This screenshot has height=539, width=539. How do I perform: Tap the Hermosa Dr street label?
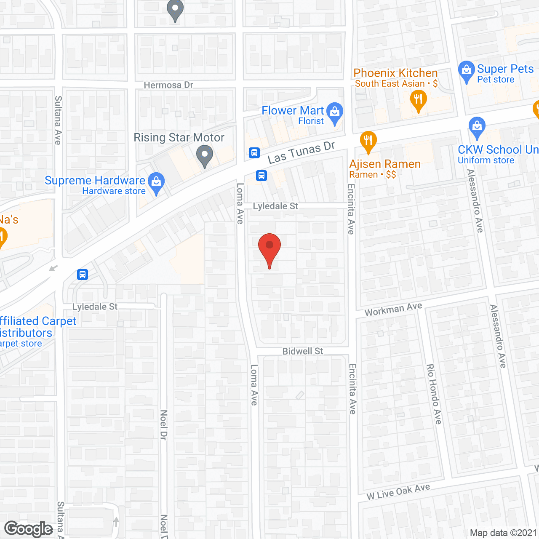click(x=168, y=85)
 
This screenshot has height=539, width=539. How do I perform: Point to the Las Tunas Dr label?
click(x=301, y=152)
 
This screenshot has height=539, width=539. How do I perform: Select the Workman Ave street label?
click(x=393, y=310)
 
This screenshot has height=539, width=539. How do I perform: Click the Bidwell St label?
click(x=303, y=351)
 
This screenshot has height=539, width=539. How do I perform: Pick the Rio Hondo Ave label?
click(x=434, y=394)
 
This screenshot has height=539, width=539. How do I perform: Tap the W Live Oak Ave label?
click(x=398, y=491)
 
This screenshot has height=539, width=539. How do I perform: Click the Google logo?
click(x=29, y=529)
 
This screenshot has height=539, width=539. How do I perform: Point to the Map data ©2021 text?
click(x=503, y=533)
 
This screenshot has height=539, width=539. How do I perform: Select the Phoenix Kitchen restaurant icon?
click(x=418, y=101)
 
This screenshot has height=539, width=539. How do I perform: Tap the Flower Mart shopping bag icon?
click(x=335, y=112)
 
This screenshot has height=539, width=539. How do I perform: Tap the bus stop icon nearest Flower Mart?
click(x=254, y=152)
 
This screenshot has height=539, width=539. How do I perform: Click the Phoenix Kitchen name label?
click(x=395, y=73)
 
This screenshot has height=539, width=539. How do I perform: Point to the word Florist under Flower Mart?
click(x=311, y=121)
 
